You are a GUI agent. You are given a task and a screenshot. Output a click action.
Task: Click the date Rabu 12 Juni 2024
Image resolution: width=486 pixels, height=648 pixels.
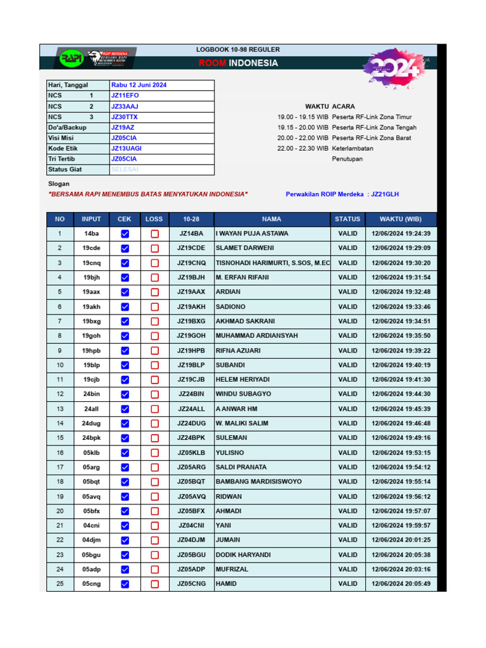139,85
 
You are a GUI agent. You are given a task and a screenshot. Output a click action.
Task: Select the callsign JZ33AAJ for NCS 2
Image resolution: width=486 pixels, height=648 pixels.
125,106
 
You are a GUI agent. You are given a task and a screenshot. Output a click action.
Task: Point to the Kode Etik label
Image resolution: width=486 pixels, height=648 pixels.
62,148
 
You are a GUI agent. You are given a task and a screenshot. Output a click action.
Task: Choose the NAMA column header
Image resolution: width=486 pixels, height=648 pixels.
271,219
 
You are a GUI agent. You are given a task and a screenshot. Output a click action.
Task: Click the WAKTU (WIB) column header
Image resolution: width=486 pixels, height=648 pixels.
401,219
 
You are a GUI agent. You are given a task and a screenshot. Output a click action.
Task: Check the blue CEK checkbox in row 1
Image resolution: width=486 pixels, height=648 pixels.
125,234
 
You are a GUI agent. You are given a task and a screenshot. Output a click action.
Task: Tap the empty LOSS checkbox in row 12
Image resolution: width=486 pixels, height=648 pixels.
154,394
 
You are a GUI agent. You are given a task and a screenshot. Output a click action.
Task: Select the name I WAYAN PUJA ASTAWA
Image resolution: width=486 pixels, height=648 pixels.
252,234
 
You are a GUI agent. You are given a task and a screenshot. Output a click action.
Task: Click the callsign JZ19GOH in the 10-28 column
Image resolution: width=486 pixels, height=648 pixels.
191,336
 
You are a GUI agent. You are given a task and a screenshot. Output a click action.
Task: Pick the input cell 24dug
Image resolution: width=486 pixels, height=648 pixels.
91,423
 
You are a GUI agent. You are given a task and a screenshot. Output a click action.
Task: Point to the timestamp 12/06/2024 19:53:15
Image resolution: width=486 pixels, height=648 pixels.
401,452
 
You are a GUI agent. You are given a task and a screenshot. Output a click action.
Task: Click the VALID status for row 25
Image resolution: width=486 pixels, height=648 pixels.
347,583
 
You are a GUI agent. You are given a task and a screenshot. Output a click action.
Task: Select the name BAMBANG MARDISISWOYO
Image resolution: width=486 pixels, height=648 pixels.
259,482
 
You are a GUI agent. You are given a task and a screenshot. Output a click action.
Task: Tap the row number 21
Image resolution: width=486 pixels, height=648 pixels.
60,525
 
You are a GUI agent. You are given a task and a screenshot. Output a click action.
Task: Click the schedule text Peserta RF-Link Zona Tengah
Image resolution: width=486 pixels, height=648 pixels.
374,127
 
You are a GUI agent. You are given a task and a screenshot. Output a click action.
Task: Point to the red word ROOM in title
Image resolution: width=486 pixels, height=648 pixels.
213,63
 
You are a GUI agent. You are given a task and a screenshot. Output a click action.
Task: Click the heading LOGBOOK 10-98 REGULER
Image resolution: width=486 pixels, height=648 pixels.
238,49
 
